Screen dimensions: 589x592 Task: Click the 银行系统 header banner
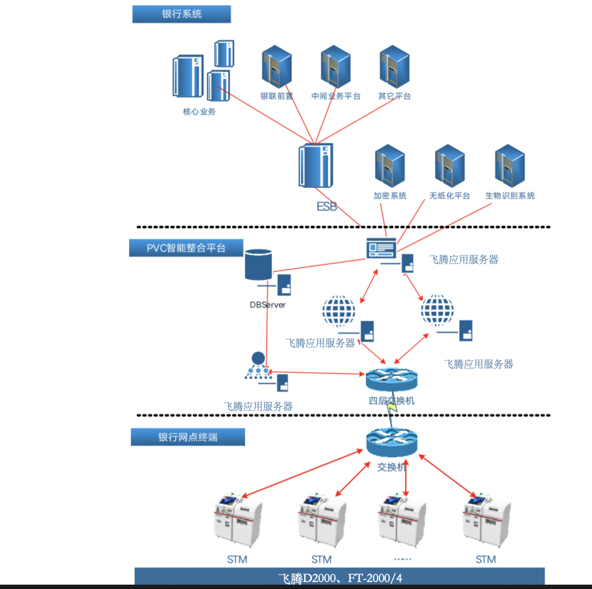tap(181, 14)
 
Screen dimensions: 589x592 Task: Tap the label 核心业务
tap(199, 112)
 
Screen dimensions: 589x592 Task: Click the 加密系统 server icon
tap(390, 166)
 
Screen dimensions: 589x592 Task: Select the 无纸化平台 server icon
tap(449, 166)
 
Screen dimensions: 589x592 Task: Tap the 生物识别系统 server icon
tap(509, 166)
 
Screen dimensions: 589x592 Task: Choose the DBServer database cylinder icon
tap(259, 265)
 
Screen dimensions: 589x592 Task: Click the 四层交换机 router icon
tap(391, 379)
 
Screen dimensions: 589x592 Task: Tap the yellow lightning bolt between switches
tap(392, 408)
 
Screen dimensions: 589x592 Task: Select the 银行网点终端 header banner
tap(188, 437)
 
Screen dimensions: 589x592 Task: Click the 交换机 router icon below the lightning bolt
tap(391, 443)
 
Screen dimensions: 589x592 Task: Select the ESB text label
tap(327, 206)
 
